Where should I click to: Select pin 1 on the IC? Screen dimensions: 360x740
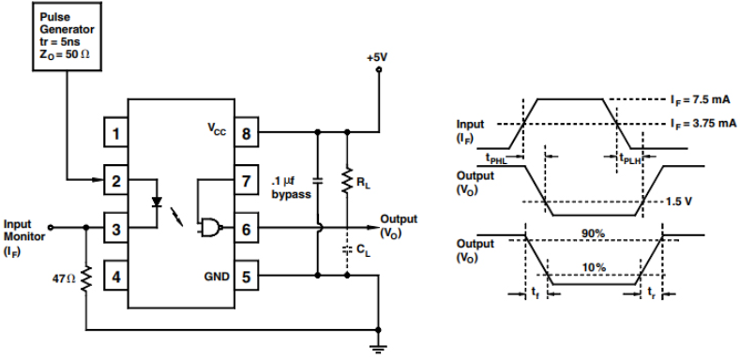115,134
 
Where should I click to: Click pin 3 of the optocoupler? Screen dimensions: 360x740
115,228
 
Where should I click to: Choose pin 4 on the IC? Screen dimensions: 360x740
115,277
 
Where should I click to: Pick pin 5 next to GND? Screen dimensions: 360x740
246,277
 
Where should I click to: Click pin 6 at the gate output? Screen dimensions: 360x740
246,228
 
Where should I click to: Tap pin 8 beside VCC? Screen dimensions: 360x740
246,134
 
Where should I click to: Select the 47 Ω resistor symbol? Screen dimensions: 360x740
85,277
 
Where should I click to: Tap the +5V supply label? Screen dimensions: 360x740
378,57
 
